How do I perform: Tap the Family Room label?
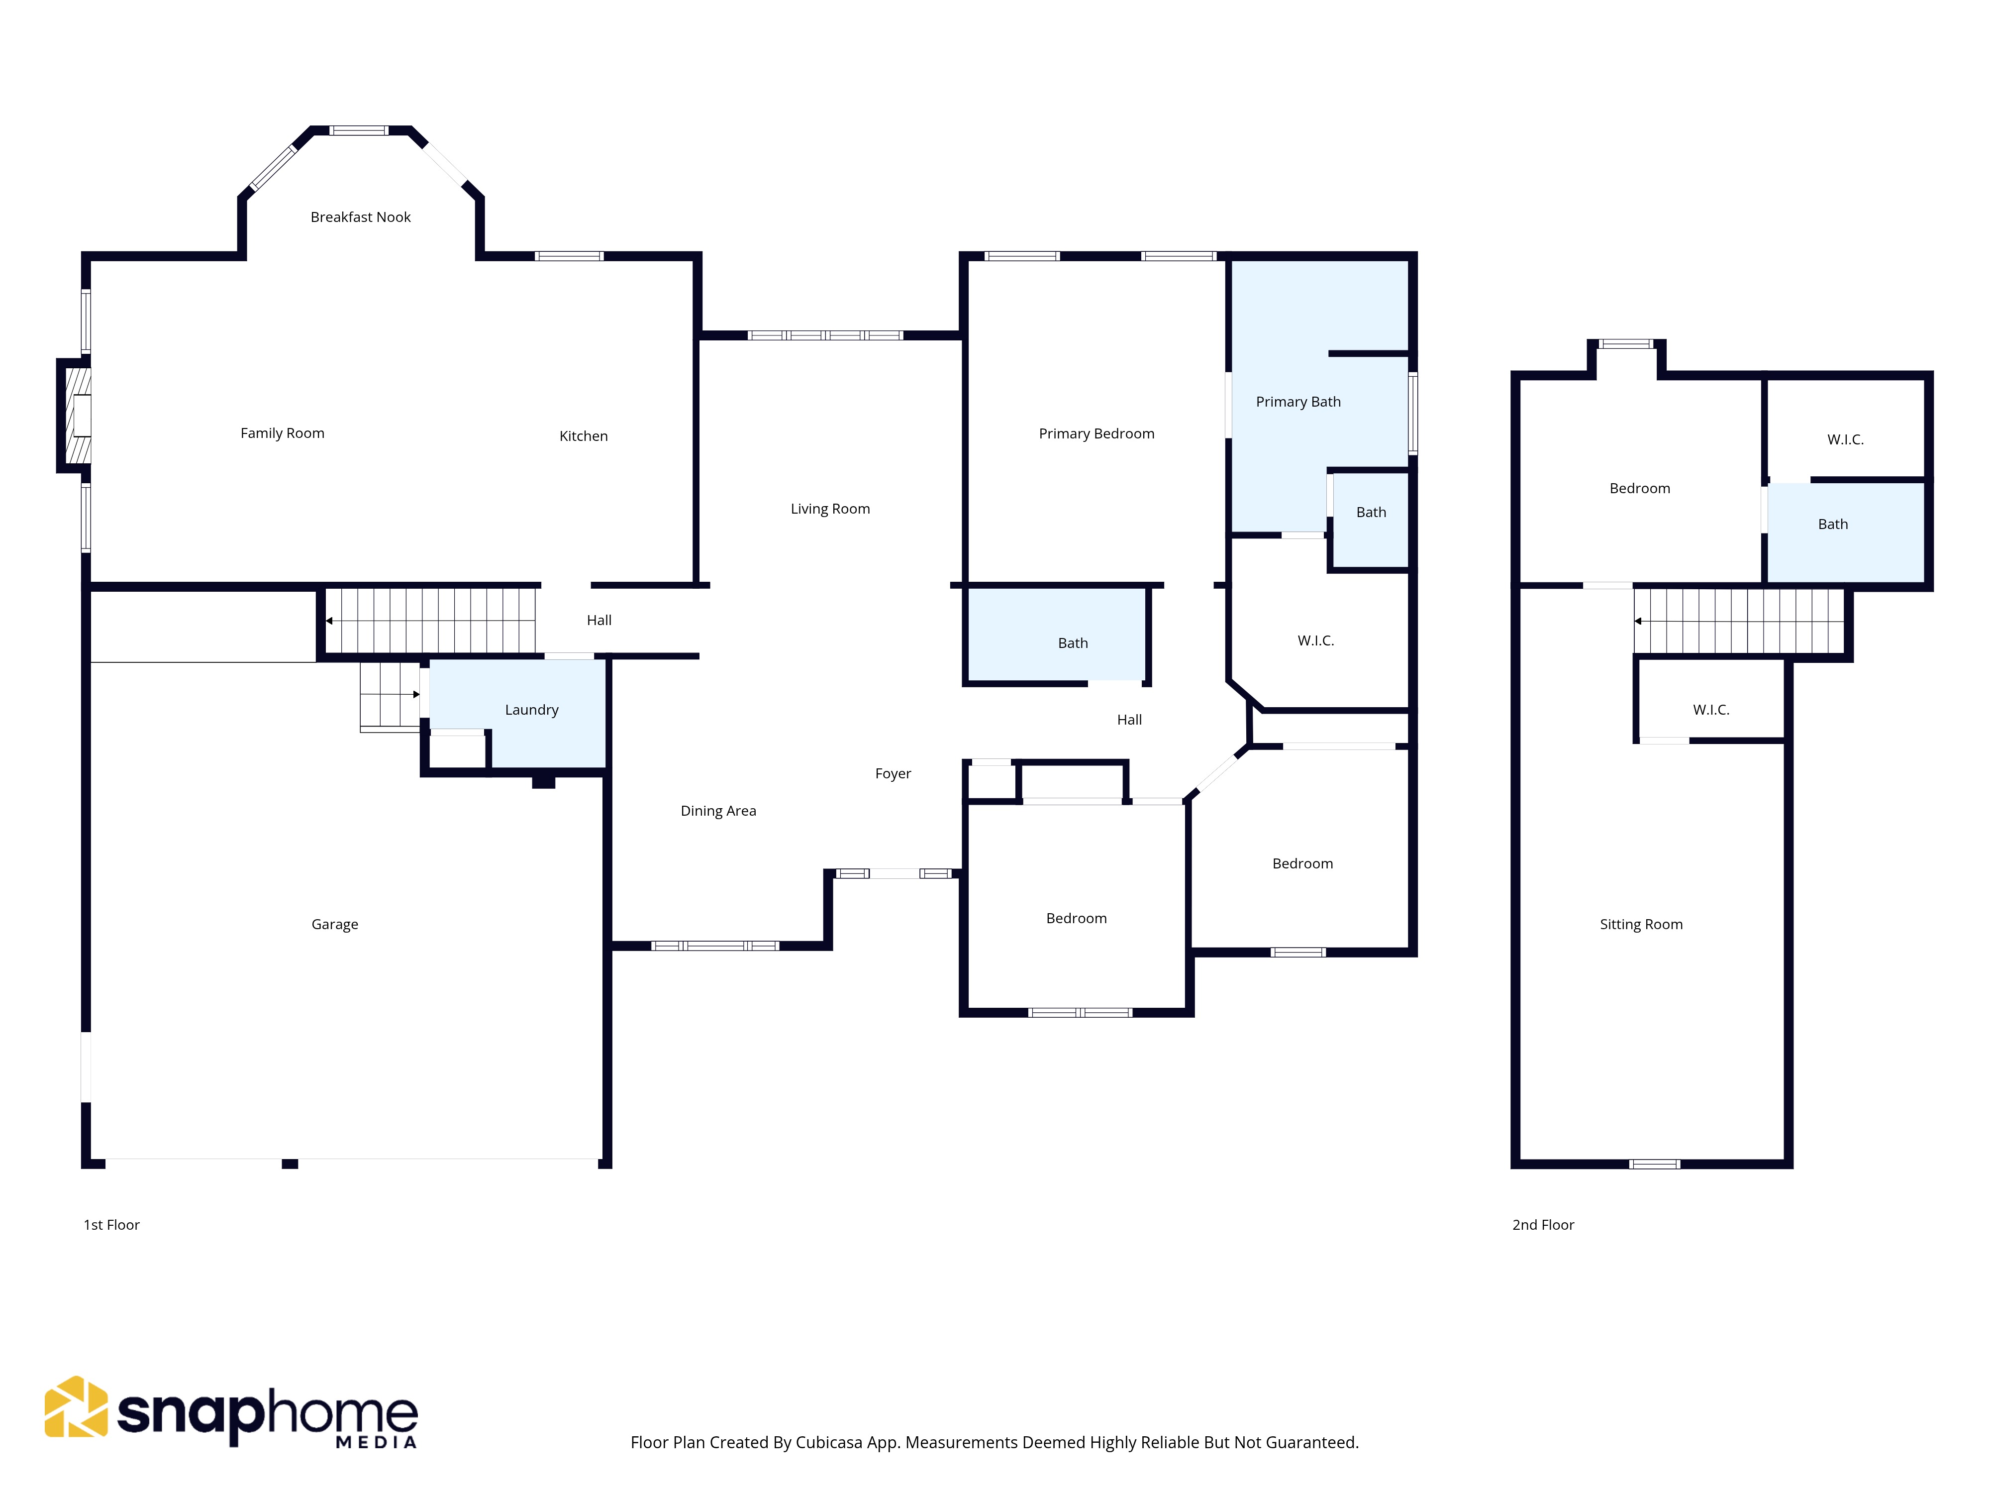pos(283,433)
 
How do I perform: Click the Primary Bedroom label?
pos(1096,433)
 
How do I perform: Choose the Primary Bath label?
pos(1297,402)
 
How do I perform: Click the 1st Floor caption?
pos(111,1225)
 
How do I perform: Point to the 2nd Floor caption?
pos(1543,1225)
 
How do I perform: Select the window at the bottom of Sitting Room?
pos(1654,1165)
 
